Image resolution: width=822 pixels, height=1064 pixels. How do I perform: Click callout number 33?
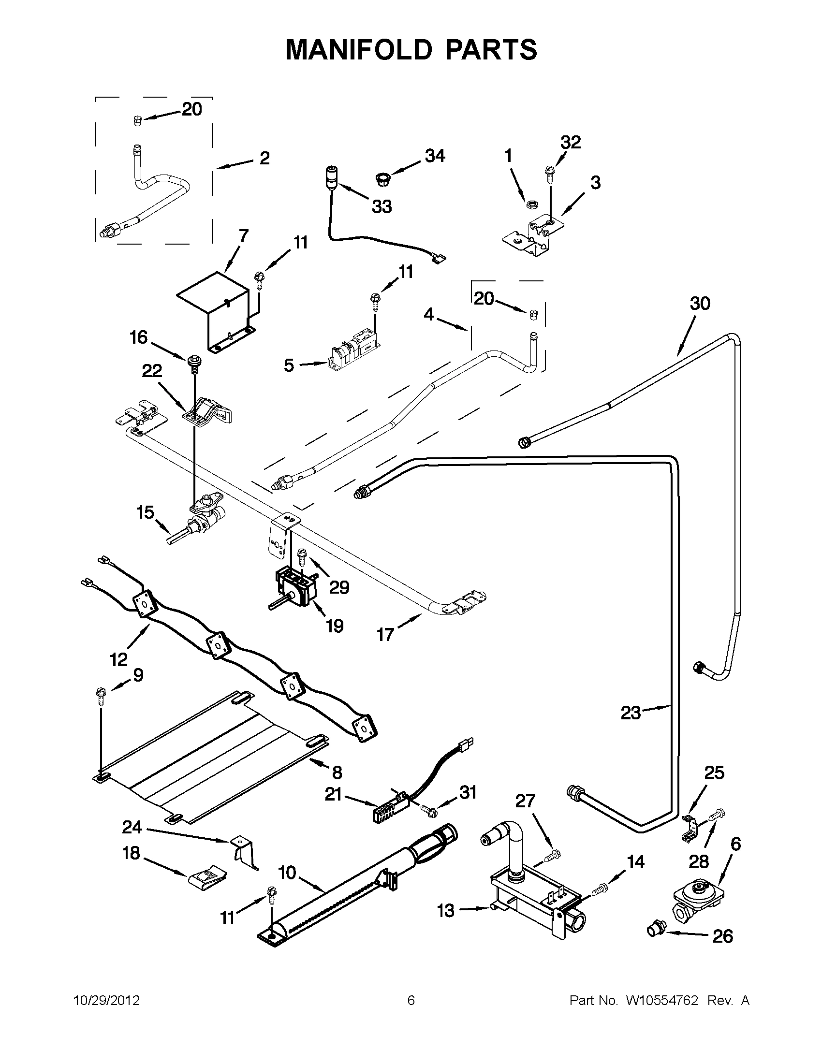coord(382,206)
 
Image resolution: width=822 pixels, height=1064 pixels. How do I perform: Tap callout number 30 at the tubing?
coord(700,303)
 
